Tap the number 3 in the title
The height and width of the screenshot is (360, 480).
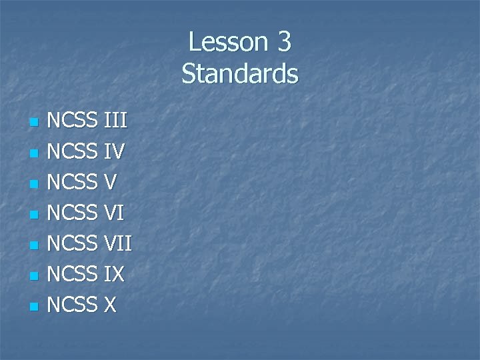click(283, 42)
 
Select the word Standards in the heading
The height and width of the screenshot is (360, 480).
click(240, 73)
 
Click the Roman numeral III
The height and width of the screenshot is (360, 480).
click(116, 122)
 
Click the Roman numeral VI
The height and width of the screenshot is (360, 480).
click(113, 214)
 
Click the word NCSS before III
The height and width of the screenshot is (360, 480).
click(73, 122)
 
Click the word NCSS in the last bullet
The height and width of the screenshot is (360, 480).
click(73, 306)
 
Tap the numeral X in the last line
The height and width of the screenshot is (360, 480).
click(109, 306)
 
